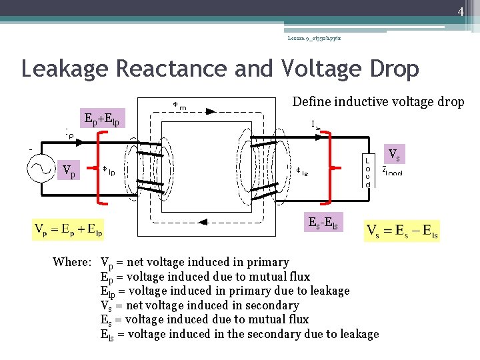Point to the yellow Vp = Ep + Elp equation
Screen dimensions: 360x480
coord(68,231)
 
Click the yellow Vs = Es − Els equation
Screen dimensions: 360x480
coord(402,231)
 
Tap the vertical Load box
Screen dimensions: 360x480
coord(367,172)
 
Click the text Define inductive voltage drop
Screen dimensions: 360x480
coord(378,102)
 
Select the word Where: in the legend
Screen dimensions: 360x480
coord(72,262)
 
